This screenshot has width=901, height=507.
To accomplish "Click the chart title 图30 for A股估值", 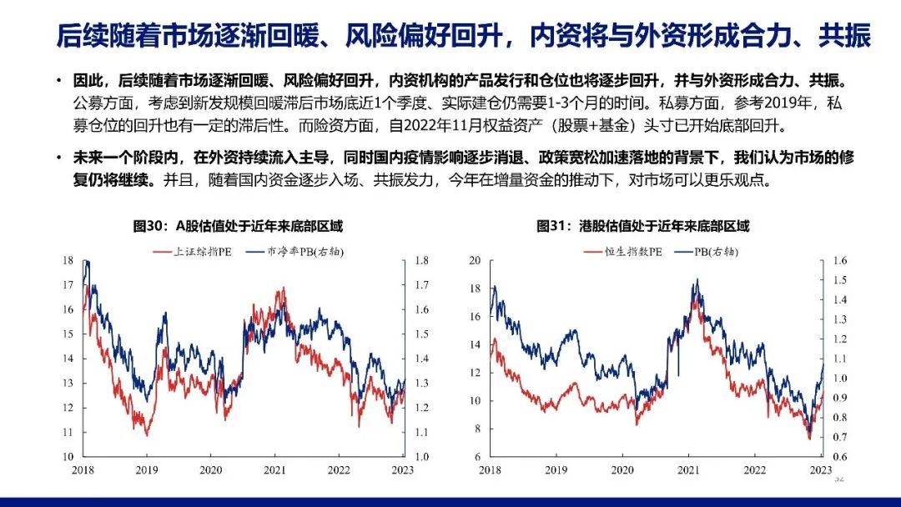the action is [x=238, y=226].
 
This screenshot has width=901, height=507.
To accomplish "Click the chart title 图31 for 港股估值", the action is [x=643, y=226].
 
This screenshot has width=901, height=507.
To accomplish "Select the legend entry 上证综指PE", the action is [x=193, y=252].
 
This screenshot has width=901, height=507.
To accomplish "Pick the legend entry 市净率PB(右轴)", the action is [x=294, y=252].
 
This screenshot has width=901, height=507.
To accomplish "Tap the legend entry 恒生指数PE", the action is [x=623, y=252].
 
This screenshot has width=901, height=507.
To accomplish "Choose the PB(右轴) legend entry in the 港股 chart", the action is [x=707, y=252].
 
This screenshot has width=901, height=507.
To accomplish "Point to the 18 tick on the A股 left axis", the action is [x=68, y=260].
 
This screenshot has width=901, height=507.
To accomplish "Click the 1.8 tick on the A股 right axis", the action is [x=422, y=260].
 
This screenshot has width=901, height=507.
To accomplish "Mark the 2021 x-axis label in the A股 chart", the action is [x=274, y=469].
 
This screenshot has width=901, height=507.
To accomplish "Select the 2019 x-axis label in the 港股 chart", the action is [x=556, y=469].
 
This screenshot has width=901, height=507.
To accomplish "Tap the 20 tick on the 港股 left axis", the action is [x=475, y=260].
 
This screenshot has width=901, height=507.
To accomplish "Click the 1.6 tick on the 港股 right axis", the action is [x=840, y=260].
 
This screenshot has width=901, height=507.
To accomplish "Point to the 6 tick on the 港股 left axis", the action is [x=477, y=457].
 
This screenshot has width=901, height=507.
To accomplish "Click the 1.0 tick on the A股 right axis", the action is [x=422, y=457].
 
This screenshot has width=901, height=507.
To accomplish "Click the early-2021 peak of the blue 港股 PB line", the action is [x=697, y=279].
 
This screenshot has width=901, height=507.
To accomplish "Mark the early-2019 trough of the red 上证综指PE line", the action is [x=147, y=435].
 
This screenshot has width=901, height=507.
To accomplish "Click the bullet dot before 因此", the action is [x=59, y=81].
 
